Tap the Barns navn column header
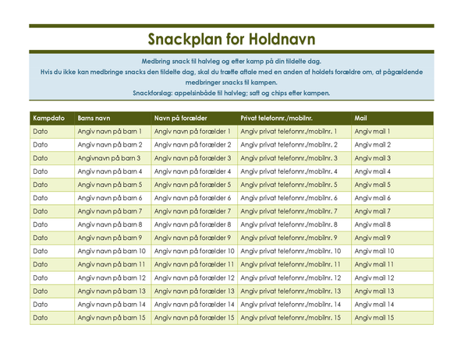click(94, 118)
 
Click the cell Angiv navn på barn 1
click(110, 132)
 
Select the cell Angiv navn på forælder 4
click(193, 171)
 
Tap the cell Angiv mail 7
click(373, 211)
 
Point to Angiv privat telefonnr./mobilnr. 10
click(291, 251)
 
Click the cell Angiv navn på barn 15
click(112, 317)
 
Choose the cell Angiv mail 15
click(374, 317)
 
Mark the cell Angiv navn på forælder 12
click(195, 277)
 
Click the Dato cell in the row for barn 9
click(41, 238)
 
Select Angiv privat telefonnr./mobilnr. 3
click(289, 158)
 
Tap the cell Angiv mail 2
click(373, 145)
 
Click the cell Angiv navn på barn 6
click(110, 198)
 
